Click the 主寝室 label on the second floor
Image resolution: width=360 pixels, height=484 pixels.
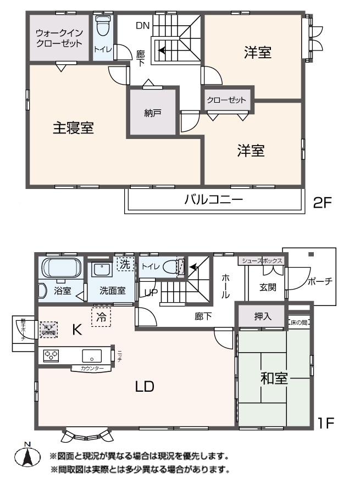73,128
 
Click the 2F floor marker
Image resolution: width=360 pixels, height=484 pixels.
323,203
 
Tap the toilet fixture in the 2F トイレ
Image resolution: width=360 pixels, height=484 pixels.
103,26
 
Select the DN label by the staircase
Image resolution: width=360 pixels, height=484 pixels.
142,25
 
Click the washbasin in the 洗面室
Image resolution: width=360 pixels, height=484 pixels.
101,270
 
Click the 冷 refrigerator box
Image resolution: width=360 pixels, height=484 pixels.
101,317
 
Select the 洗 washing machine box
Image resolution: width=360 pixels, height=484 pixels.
126,264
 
